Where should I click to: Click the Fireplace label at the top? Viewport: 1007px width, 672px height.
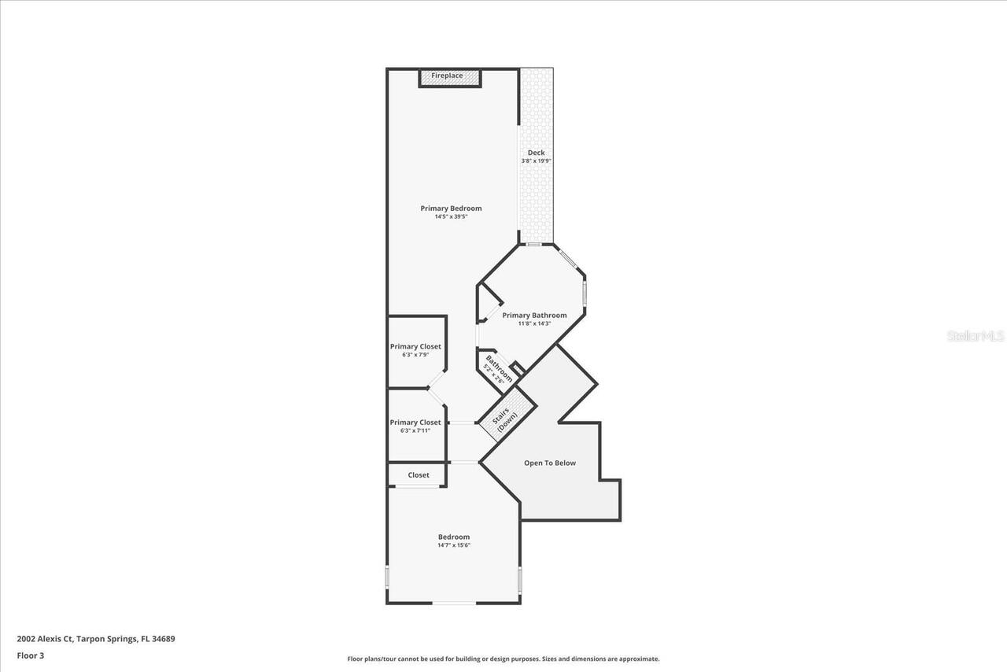coord(447,76)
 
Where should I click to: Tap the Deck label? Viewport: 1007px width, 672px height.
coord(536,153)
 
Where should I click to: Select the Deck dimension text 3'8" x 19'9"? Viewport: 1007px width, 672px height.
coord(536,161)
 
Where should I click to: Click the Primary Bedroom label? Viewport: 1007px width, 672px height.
coord(451,209)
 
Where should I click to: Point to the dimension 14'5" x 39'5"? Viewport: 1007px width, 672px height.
coord(451,217)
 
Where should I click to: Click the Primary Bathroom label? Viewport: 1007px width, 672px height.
coord(534,316)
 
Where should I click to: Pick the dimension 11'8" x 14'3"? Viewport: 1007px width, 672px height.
coord(534,323)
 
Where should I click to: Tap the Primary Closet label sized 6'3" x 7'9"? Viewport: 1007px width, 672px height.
coord(415,346)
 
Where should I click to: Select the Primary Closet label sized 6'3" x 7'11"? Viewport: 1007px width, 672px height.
coord(415,423)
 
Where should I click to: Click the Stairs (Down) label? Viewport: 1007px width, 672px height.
coord(505,423)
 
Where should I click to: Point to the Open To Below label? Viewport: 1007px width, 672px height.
coord(550,463)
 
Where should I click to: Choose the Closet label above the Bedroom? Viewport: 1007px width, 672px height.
coord(419,475)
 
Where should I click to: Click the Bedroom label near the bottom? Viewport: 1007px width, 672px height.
coord(454,537)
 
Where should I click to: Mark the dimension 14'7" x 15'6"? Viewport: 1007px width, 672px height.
coord(454,545)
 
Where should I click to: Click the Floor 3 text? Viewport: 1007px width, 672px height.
coord(31,655)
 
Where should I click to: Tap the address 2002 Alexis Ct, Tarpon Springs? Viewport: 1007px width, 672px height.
coord(96,639)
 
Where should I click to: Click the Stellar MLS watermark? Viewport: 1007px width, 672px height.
coord(976,336)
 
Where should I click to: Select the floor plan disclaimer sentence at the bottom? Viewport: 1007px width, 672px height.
coord(503,659)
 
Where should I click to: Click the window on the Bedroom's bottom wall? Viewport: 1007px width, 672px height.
coord(454,604)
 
